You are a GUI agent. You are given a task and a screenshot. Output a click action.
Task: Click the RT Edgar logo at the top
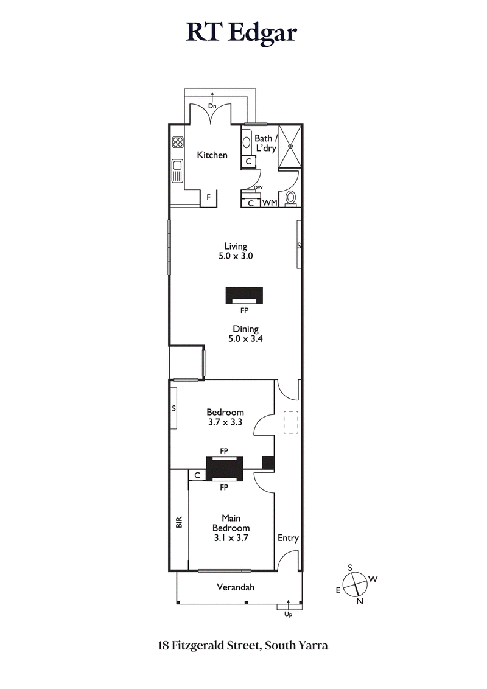coord(242,32)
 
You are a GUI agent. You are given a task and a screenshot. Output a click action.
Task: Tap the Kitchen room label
coord(212,155)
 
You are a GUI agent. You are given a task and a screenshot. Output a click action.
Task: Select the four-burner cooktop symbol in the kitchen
coord(178,142)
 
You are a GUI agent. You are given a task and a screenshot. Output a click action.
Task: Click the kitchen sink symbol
coord(178,170)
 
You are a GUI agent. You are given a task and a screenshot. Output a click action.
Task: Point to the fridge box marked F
coord(209,197)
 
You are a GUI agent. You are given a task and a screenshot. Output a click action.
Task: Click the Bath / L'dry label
coord(265,143)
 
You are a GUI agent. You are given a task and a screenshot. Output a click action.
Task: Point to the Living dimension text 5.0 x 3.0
coord(236,256)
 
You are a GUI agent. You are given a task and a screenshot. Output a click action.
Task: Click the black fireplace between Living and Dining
coord(245,295)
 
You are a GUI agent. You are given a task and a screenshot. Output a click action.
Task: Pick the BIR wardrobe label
coord(179,522)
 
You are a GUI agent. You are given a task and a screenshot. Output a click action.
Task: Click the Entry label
coord(288,538)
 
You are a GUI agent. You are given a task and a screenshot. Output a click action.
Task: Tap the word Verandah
coord(235,587)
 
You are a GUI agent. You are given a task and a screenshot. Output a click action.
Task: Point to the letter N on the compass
coord(359,601)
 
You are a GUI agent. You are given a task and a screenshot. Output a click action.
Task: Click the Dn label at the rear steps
coord(212,106)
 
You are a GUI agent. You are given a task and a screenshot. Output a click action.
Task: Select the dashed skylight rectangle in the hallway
coord(290,422)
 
